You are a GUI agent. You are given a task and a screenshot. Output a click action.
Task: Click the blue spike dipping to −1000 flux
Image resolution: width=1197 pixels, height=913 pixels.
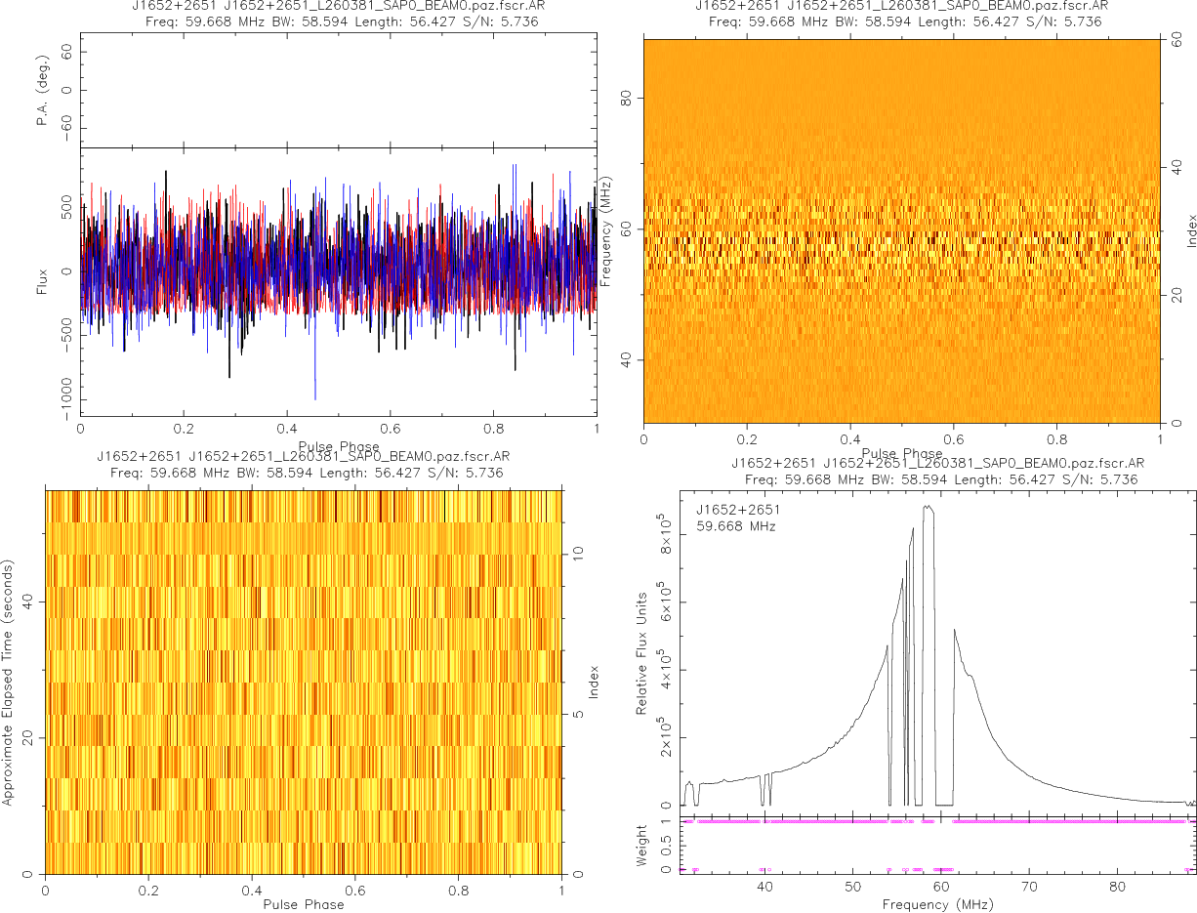(314, 396)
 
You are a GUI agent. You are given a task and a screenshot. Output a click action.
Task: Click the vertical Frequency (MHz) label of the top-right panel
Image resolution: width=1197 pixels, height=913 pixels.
(605, 231)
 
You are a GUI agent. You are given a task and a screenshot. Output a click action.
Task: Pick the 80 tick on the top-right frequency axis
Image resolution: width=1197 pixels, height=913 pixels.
(629, 99)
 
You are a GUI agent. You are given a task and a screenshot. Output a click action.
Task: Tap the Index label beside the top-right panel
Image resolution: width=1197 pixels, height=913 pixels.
(1191, 230)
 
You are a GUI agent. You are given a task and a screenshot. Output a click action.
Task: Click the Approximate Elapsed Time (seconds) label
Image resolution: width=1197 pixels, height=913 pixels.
(9, 682)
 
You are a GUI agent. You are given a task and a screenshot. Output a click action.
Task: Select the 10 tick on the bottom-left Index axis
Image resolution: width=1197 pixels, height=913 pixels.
(577, 553)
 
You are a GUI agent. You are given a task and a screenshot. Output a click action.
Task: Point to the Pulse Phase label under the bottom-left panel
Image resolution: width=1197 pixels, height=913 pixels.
(303, 904)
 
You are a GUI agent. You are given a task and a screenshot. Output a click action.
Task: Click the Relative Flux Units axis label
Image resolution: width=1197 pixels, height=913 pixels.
(642, 652)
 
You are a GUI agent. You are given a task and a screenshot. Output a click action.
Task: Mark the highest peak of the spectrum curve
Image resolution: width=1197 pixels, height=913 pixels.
(928, 506)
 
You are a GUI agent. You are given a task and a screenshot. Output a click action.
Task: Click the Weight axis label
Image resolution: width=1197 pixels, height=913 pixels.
(642, 846)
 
